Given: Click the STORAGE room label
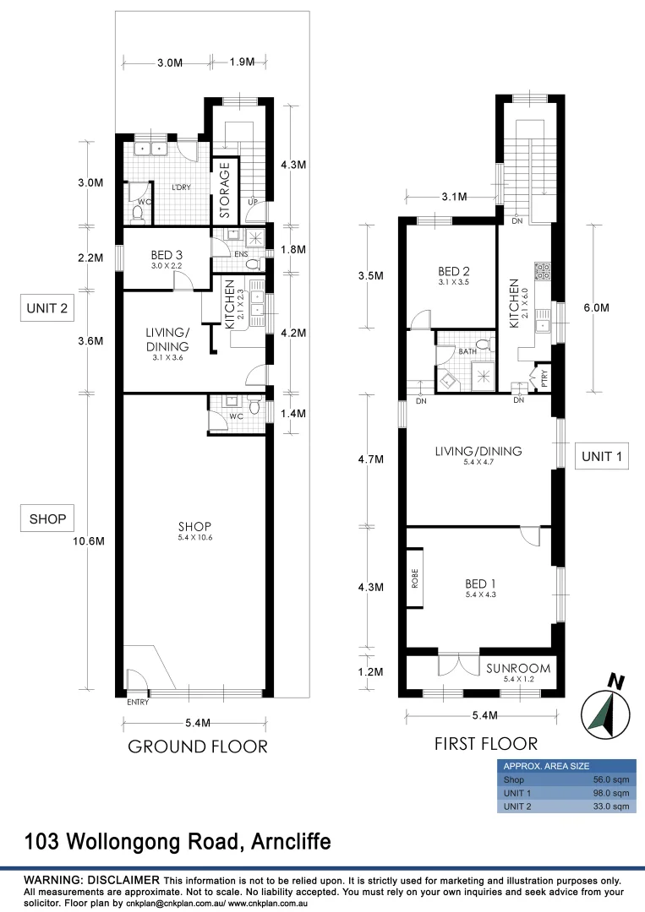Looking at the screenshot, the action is pos(225,190).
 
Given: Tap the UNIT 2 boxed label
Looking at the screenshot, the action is pos(47,308).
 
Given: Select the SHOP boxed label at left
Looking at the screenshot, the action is pos(47,518).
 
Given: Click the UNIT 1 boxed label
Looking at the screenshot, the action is pos(602,456).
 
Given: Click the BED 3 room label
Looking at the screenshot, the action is pos(167,255).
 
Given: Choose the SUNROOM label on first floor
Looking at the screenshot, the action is pos(518,668).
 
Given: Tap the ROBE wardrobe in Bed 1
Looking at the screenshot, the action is pos(414,578).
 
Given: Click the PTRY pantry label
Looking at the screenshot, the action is pos(544,378).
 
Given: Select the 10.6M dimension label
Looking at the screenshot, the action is pos(89,541).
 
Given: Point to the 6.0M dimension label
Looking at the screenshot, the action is pos(596,307).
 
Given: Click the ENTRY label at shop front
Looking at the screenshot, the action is pos(138,702).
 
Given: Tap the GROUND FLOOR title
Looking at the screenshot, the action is pos(197,746).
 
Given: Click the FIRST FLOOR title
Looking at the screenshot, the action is pos(486,743).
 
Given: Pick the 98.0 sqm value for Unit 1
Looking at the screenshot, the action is pos(610,793).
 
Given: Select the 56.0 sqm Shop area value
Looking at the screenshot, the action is pos(610,779).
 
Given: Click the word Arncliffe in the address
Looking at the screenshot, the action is pos(291,841).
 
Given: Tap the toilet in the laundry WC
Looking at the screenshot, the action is pos(139,214).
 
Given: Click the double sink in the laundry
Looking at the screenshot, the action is pos(150,149).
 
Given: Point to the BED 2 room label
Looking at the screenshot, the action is pos(453,271).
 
